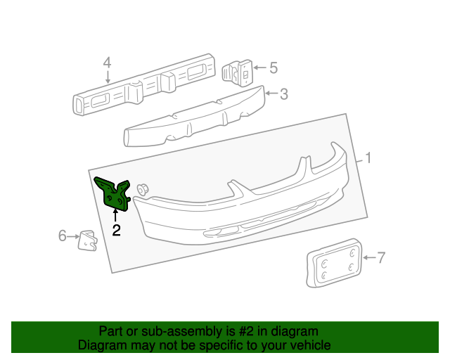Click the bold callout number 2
tap(116, 229)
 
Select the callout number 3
tap(283, 94)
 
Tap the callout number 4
tap(107, 64)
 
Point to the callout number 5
tap(274, 68)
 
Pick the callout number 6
tap(62, 236)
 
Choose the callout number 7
tap(382, 258)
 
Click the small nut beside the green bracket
tap(143, 188)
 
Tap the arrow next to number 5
tap(259, 68)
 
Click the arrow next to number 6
tap(72, 236)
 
